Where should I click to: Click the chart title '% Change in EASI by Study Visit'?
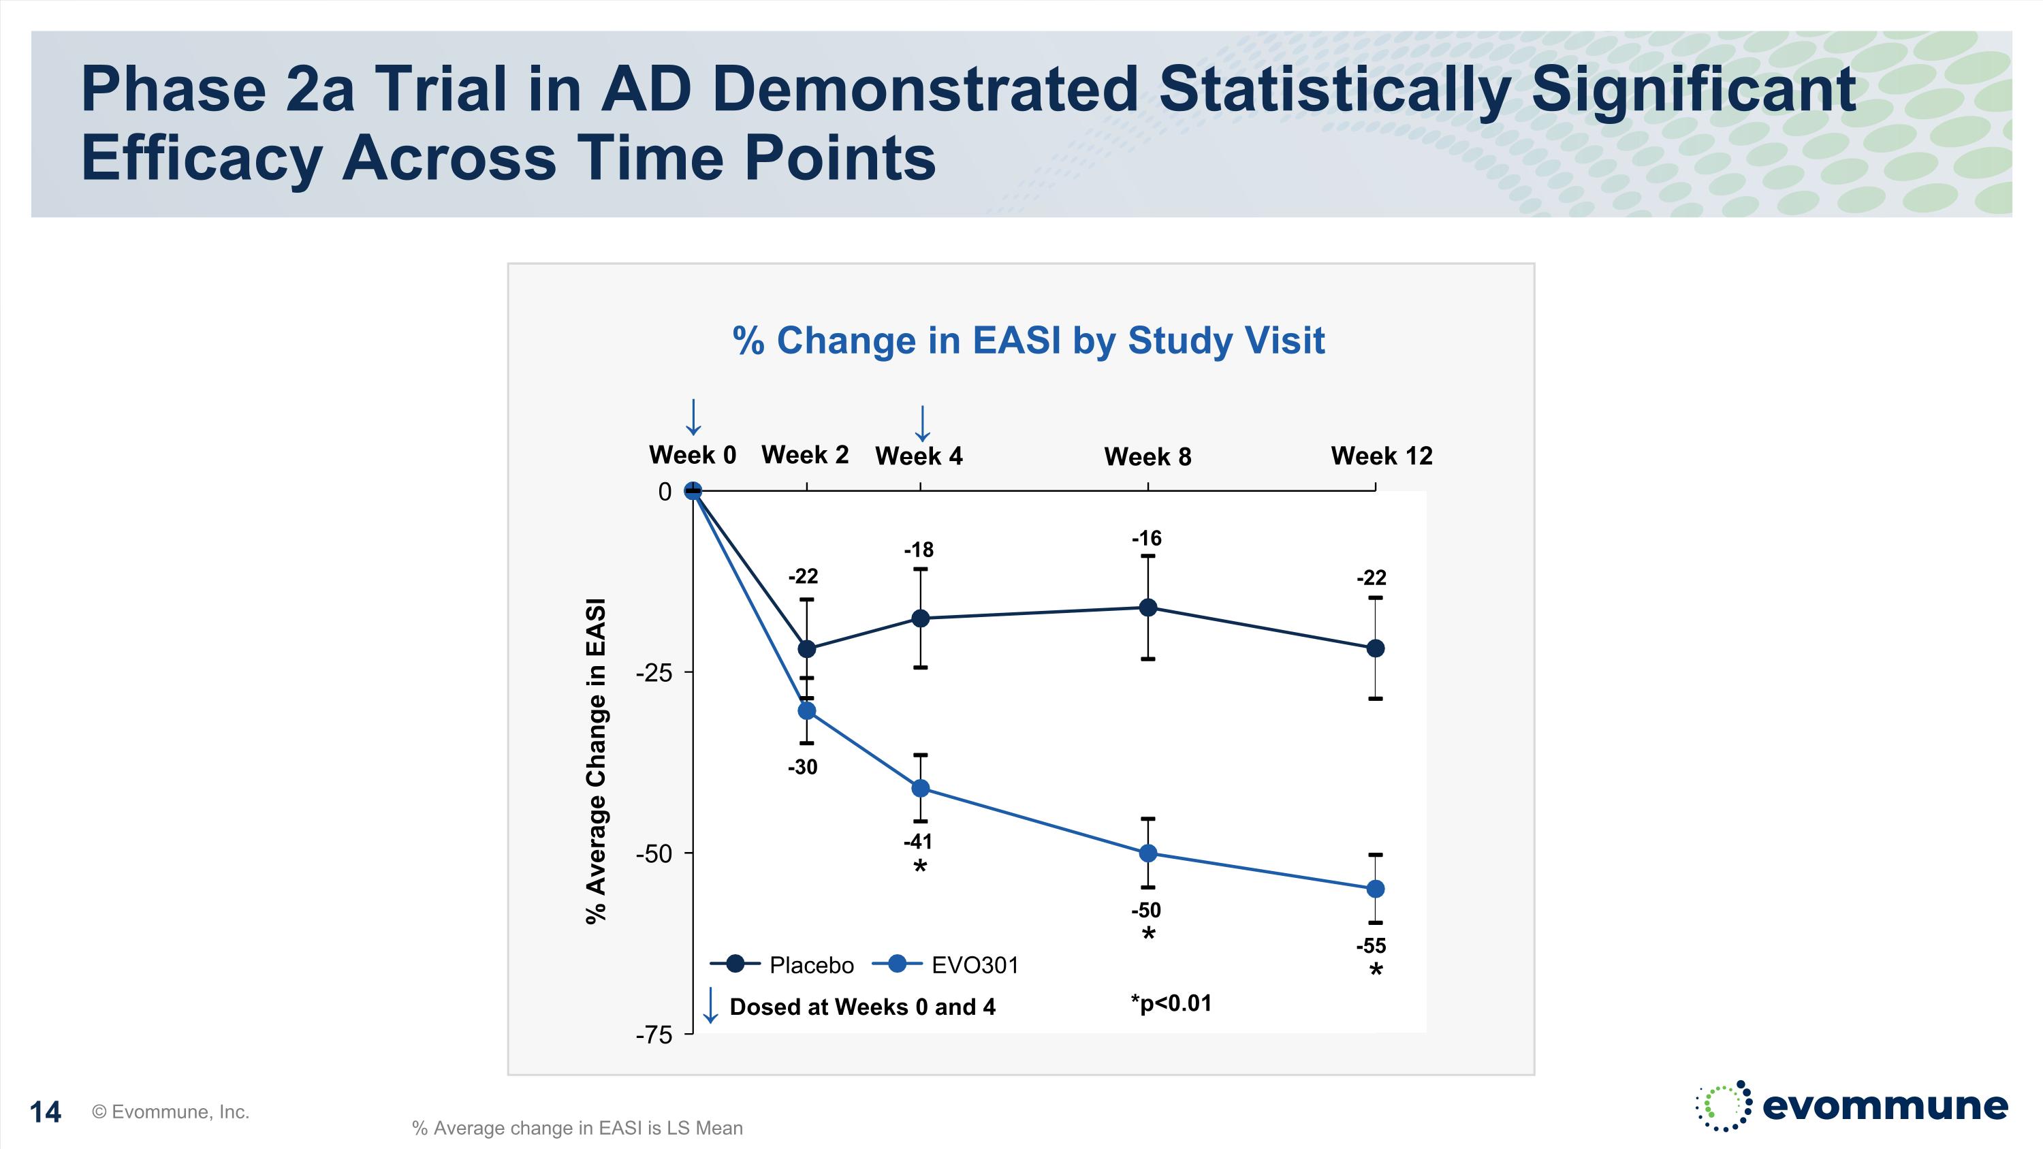pyautogui.click(x=1028, y=341)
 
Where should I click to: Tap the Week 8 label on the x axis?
pyautogui.click(x=1147, y=457)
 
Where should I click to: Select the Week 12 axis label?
pyautogui.click(x=1382, y=456)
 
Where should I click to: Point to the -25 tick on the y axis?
pyautogui.click(x=654, y=673)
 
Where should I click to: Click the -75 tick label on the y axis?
pyautogui.click(x=654, y=1035)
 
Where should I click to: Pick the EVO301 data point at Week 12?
pyautogui.click(x=1375, y=889)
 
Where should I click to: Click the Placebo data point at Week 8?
pyautogui.click(x=1147, y=608)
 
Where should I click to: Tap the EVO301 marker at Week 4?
pyautogui.click(x=921, y=788)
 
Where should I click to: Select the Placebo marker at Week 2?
pyautogui.click(x=806, y=648)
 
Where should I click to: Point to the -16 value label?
pyautogui.click(x=1146, y=539)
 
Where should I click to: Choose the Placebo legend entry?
pyautogui.click(x=811, y=965)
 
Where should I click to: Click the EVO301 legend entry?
pyautogui.click(x=974, y=965)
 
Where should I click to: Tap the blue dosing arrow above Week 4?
pyautogui.click(x=921, y=423)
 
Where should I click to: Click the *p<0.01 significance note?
pyautogui.click(x=1171, y=1003)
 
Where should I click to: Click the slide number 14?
pyautogui.click(x=45, y=1112)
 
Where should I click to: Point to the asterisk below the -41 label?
pyautogui.click(x=920, y=867)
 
